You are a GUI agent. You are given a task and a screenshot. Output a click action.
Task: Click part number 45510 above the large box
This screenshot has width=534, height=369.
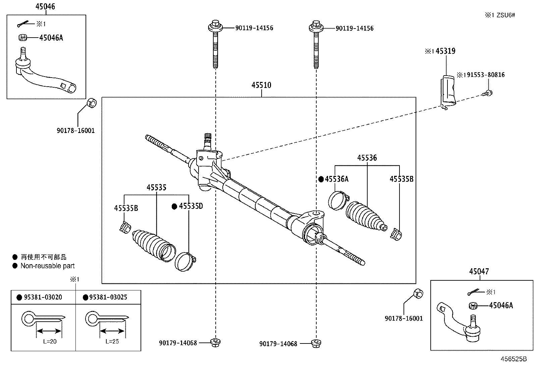tap(261, 85)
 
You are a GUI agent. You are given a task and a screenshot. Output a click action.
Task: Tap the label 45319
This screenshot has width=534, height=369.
tap(445, 51)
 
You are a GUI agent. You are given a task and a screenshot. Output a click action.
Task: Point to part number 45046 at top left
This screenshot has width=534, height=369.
tap(45, 6)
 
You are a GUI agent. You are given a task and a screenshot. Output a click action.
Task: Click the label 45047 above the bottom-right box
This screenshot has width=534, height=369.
tap(479, 271)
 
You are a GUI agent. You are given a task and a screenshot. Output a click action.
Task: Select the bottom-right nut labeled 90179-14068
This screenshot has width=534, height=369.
tap(315, 343)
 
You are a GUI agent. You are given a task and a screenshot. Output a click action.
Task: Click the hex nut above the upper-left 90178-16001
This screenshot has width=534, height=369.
tap(91, 103)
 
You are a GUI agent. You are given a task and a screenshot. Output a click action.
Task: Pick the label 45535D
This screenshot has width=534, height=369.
tap(191, 206)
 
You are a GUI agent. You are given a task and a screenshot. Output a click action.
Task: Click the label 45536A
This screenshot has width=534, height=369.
tap(336, 179)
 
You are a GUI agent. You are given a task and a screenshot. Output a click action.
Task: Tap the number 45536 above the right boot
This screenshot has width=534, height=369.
tap(367, 158)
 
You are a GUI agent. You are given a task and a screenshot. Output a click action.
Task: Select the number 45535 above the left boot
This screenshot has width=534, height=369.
tap(156, 187)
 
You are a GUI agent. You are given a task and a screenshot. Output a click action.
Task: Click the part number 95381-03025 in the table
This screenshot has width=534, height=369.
tap(108, 297)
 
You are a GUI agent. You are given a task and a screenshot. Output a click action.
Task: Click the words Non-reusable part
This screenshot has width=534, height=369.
tap(47, 266)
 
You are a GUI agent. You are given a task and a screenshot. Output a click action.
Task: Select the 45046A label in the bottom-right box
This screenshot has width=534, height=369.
tap(501, 306)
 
